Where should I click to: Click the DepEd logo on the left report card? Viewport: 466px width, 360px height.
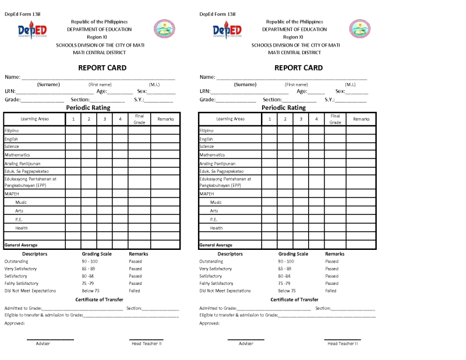(x=32, y=30)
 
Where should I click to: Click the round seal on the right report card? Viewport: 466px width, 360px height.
(x=359, y=29)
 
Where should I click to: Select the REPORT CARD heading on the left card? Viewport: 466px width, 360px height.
(x=102, y=68)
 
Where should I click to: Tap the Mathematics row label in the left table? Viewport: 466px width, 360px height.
(x=17, y=155)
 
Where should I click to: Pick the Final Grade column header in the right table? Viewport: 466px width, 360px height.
(x=335, y=119)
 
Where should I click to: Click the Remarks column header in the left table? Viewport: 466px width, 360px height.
(x=165, y=119)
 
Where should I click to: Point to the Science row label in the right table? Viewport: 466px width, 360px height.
(x=207, y=147)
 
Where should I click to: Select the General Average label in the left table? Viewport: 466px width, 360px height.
(x=21, y=245)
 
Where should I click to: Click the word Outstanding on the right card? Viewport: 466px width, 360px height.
(x=212, y=262)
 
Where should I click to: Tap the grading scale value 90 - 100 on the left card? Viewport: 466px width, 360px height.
(x=90, y=262)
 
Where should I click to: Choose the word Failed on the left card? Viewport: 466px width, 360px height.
(x=135, y=290)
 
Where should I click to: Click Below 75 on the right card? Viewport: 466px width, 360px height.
(x=287, y=290)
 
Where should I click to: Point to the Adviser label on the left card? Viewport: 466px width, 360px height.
(x=43, y=344)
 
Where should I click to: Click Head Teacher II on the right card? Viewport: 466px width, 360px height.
(x=343, y=344)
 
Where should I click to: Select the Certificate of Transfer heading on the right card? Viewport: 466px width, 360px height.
(x=294, y=299)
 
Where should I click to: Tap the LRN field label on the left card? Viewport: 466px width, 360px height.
(x=10, y=91)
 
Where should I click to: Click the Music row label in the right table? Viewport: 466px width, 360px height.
(x=216, y=202)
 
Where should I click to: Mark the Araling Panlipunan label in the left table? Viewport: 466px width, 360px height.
(x=22, y=164)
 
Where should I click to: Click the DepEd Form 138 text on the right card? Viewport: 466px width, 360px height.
(x=217, y=14)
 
